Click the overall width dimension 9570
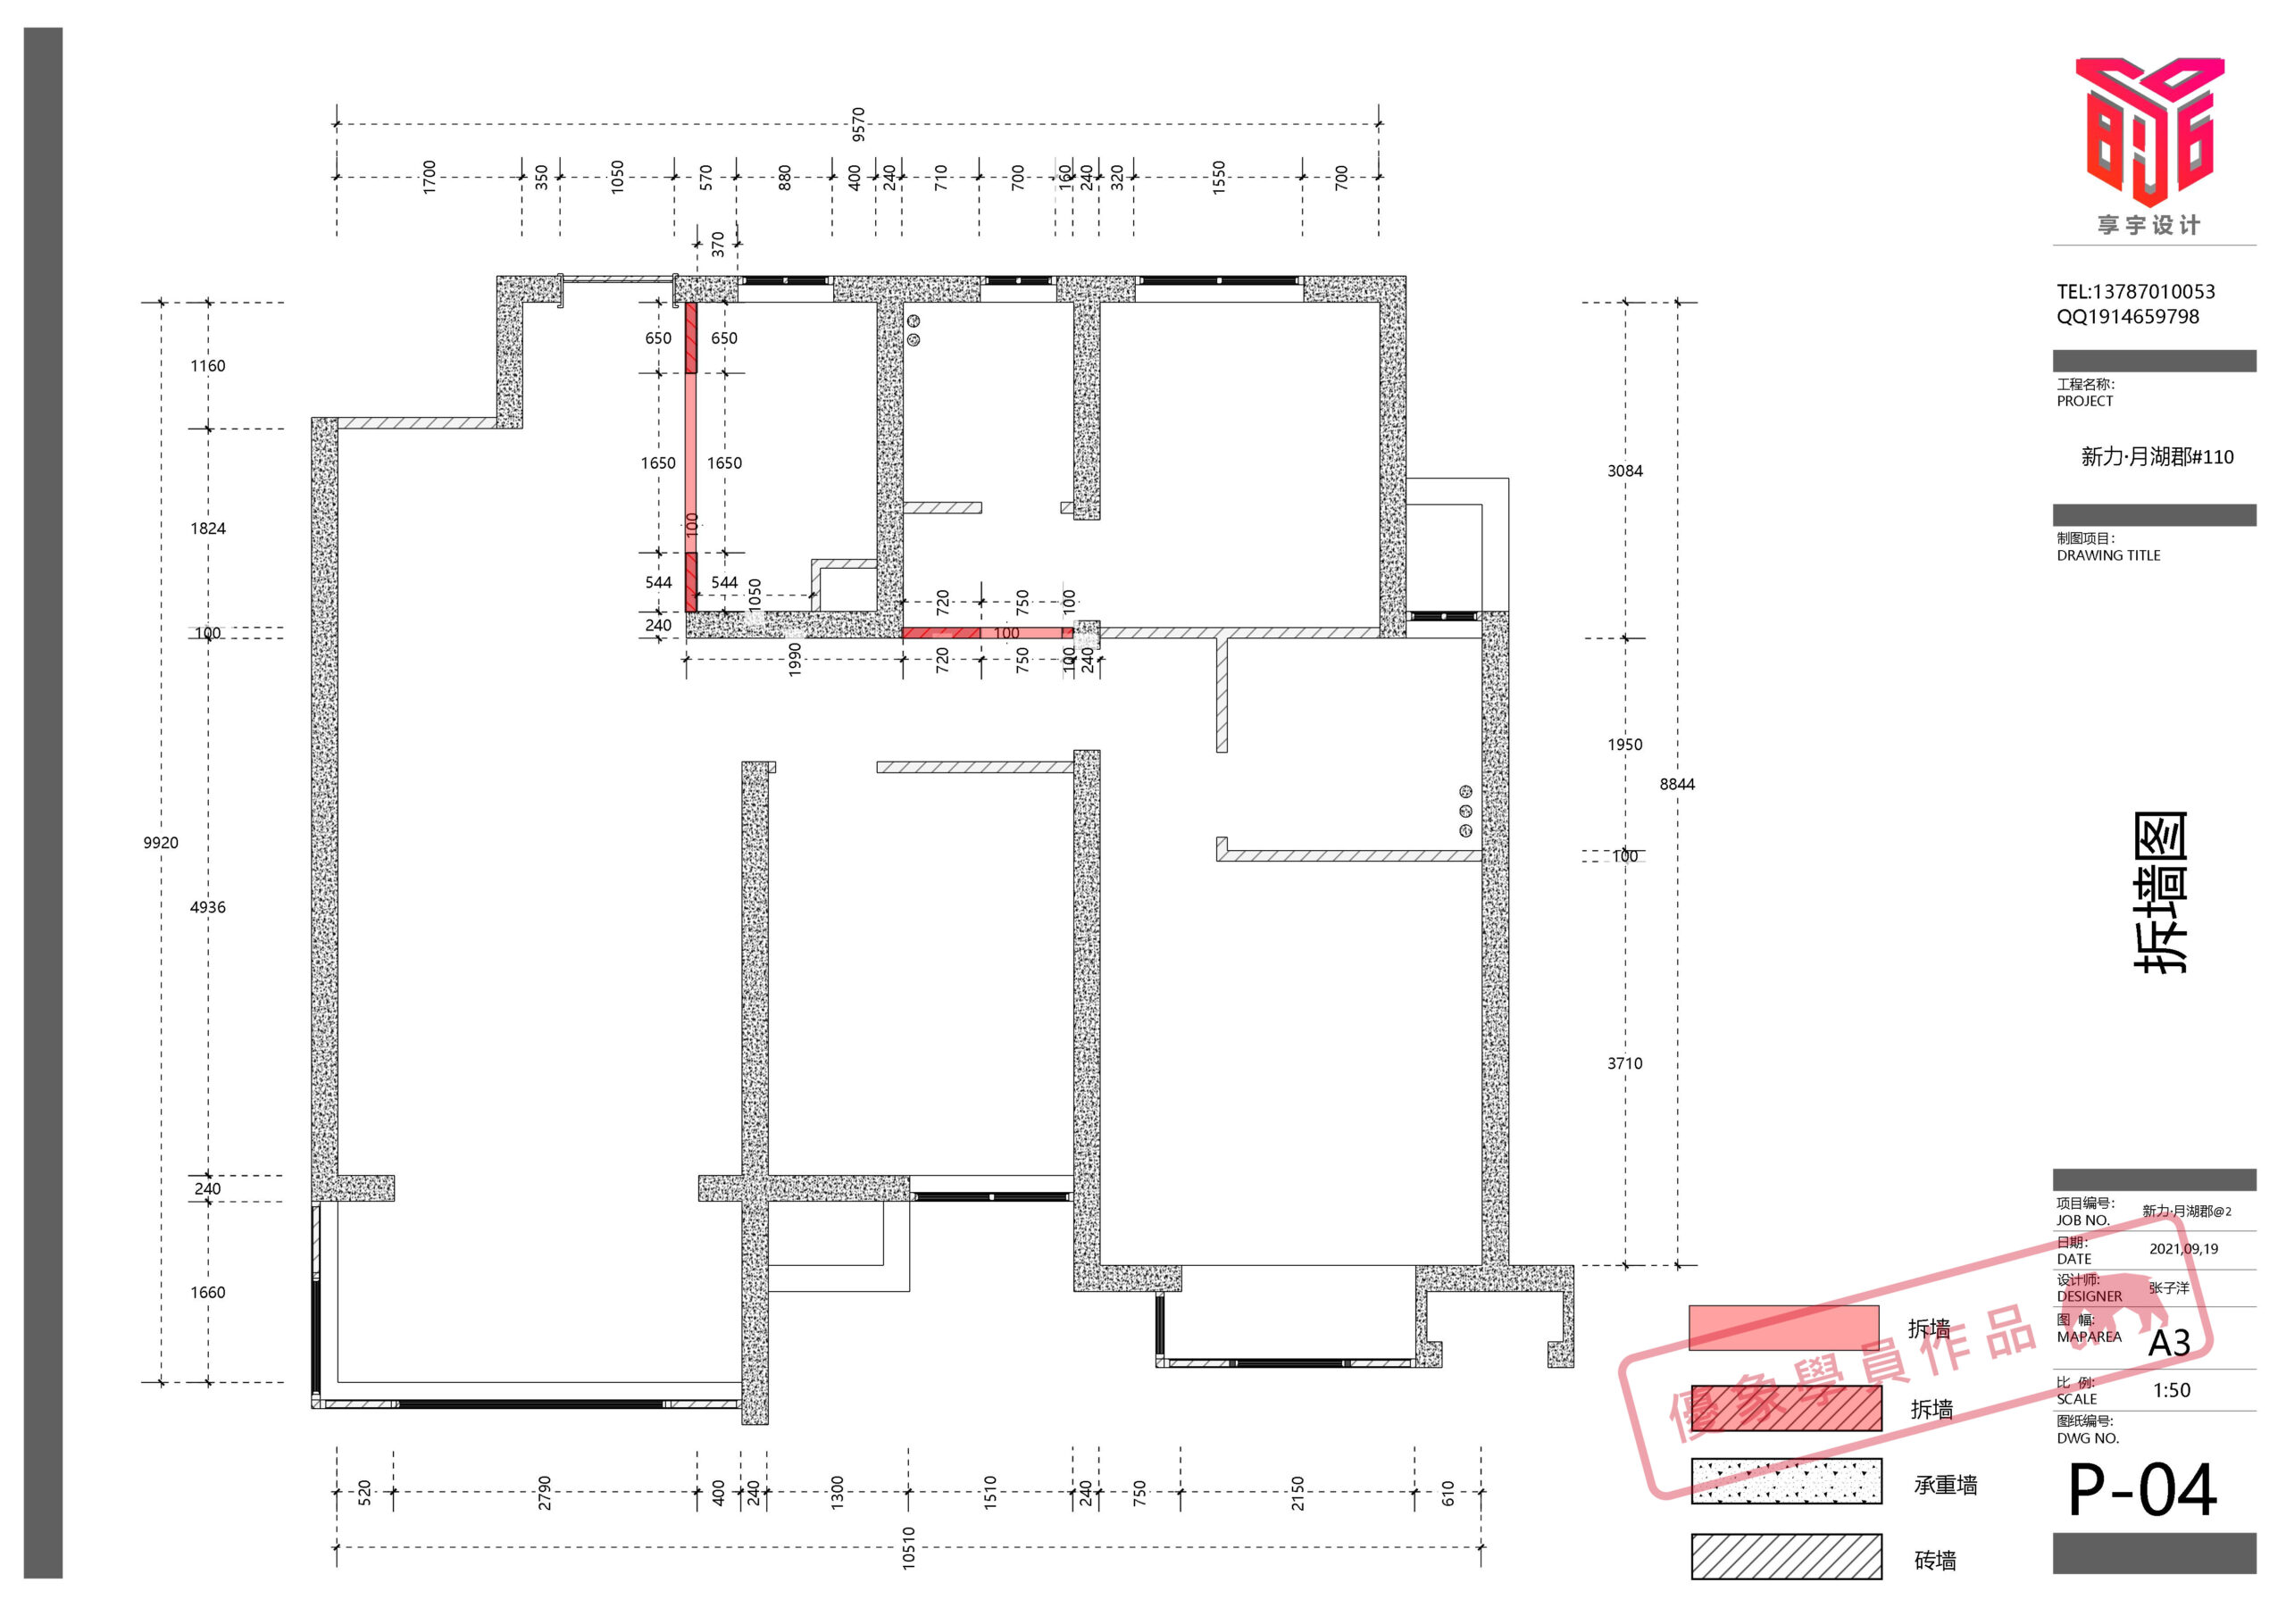pos(858,124)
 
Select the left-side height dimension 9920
pos(161,842)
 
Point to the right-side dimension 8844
pos(1677,785)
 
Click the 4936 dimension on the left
pos(207,907)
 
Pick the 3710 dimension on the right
pos(1625,1063)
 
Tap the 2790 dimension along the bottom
pos(545,1493)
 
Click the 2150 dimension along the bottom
pos(1297,1493)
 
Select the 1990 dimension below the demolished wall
pos(795,659)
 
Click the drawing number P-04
pos(2142,1489)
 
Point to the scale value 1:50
pos(2172,1390)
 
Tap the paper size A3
pos(2170,1343)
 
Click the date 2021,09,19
pos(2183,1248)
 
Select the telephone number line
pos(2136,292)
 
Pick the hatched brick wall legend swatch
pos(1786,1556)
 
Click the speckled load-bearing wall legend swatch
pos(1786,1480)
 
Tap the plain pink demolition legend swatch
pos(1783,1328)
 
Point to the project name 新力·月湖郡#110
pos(2157,457)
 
